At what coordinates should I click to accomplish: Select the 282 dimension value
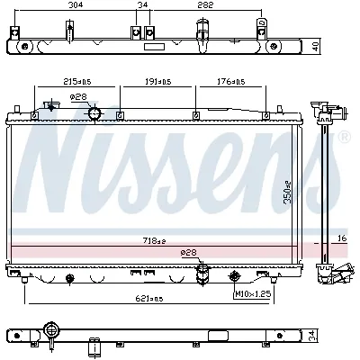[205, 5]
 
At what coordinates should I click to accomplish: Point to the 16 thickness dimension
[340, 238]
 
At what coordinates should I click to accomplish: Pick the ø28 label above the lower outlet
[189, 254]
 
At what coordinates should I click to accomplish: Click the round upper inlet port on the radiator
[94, 113]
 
